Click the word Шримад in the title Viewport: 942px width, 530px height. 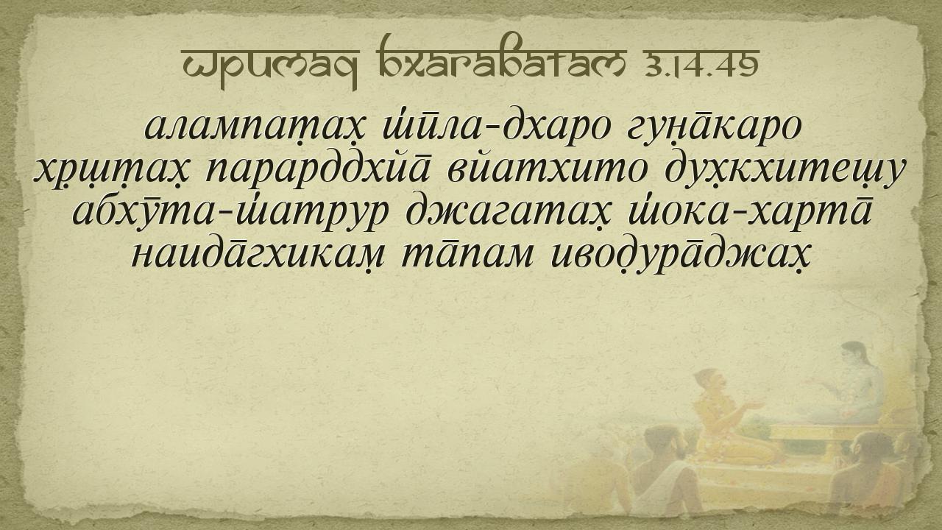(270, 68)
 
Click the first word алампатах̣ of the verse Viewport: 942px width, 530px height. (254, 127)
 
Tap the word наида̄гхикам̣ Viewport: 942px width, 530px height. (258, 255)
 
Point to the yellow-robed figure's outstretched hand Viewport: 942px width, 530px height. (754, 405)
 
